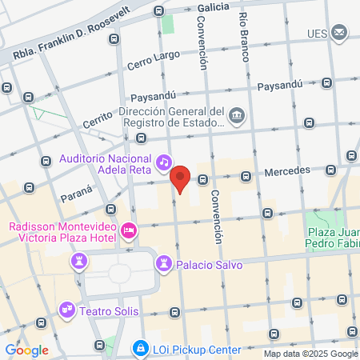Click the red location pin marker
pos(181,180)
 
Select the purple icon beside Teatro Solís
pos(66,308)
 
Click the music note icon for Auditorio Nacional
pos(163,162)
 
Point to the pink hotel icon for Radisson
pos(128,231)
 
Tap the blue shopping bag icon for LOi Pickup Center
pos(141,350)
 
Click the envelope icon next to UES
pos(340,33)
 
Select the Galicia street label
pos(213,7)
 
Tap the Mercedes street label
pos(287,171)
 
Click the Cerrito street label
pos(98,122)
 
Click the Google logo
pos(26,350)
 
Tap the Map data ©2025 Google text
pos(311,354)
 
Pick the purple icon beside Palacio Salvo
pos(164,262)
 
